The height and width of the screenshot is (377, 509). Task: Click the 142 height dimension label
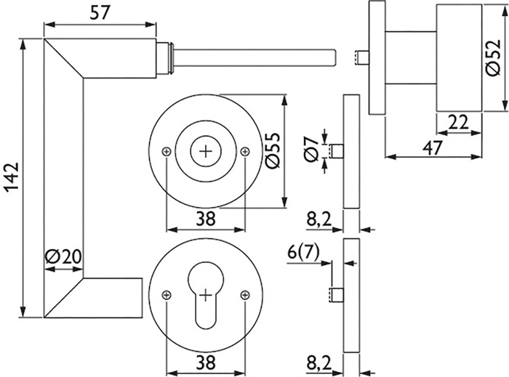pos(12,179)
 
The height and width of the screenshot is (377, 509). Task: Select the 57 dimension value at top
pos(100,13)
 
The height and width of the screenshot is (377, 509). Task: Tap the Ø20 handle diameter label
pos(63,257)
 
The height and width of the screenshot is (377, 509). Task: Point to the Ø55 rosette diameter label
pos(272,151)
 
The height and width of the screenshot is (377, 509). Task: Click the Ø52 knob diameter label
pos(494,57)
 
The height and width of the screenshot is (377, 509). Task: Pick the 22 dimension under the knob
pos(458,122)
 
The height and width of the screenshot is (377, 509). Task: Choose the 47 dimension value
pos(433,147)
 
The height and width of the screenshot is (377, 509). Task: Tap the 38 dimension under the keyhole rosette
pos(206,362)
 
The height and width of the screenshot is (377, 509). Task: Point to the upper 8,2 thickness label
pos(319,220)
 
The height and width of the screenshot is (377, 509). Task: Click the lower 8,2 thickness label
pos(319,364)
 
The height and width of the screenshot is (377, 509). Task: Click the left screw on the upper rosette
pos(167,151)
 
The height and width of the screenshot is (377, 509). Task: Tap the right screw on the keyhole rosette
pos(245,295)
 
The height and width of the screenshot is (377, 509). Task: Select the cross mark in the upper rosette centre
pos(206,151)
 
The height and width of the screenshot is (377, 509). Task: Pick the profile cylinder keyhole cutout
pos(206,293)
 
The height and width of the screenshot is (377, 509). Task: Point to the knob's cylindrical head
pos(459,58)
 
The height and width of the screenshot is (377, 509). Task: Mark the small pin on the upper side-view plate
pos(336,151)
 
